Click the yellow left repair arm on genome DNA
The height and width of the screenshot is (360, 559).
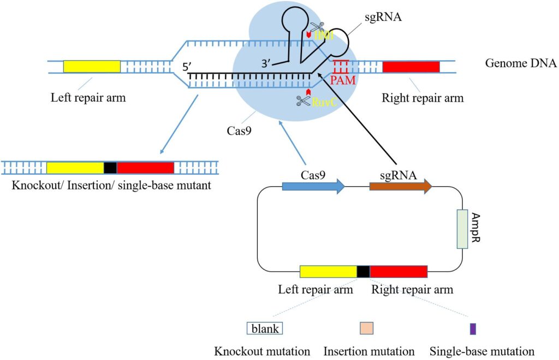point(92,67)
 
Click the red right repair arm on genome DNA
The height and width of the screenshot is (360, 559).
point(411,67)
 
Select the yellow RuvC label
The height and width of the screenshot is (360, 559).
point(323,101)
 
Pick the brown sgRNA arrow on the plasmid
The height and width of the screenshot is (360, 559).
point(401,186)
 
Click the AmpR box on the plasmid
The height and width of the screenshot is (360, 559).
point(462,229)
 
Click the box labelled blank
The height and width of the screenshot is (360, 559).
point(264,328)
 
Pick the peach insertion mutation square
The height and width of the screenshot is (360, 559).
point(366,328)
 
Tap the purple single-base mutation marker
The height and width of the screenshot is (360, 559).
point(473,329)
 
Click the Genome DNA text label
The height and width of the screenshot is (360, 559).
point(520,63)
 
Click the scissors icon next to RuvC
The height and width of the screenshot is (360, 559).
point(302,101)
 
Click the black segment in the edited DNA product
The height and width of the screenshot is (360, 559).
point(110,167)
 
